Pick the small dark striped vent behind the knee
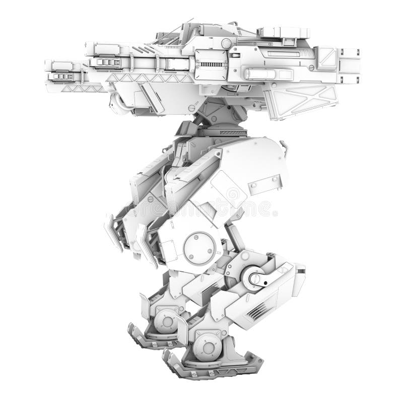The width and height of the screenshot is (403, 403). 301,271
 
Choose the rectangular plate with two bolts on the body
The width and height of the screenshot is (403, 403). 264,184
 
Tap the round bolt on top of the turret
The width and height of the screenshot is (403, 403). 227,43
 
